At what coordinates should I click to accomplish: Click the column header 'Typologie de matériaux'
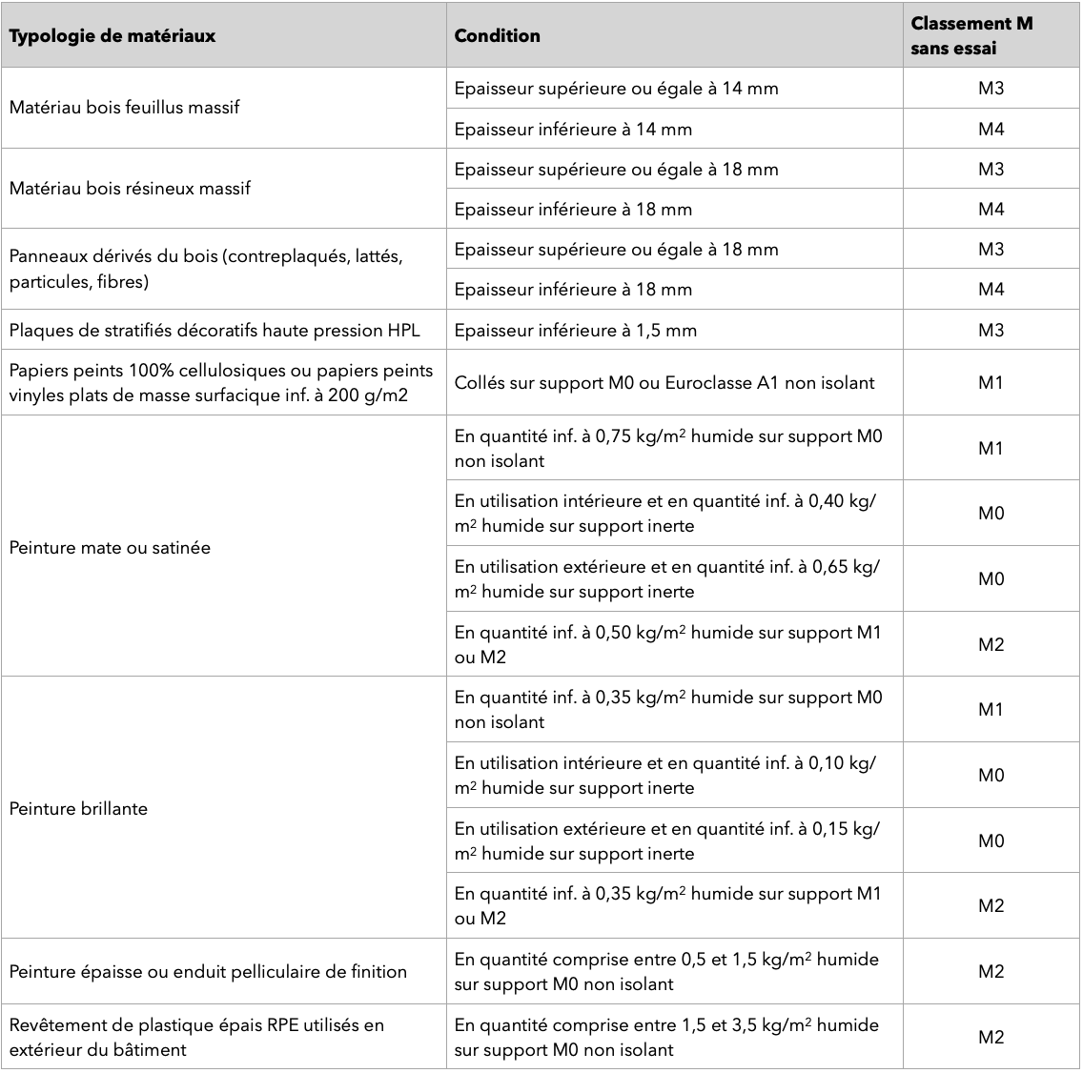[112, 36]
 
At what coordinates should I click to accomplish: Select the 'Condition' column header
[497, 36]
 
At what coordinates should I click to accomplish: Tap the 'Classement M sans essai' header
[971, 36]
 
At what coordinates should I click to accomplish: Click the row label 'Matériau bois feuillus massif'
[124, 108]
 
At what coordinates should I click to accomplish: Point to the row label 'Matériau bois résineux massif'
[130, 189]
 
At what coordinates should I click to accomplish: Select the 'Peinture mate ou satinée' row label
[110, 548]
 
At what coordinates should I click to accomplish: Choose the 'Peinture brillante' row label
[78, 808]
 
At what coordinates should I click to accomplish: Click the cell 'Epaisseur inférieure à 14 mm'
[573, 129]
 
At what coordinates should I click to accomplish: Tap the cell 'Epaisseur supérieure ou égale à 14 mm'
[616, 89]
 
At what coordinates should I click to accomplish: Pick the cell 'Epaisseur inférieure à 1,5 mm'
[575, 331]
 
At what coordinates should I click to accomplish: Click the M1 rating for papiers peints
[991, 383]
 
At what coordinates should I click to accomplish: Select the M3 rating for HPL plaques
[991, 331]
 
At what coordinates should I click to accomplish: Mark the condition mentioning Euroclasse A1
[664, 383]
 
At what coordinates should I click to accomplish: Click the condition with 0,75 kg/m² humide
[668, 448]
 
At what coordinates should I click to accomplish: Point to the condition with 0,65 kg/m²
[667, 578]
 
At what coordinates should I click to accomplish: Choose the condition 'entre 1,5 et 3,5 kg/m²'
[666, 1037]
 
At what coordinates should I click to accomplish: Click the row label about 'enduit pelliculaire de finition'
[208, 972]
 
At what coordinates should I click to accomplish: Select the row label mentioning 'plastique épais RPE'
[196, 1037]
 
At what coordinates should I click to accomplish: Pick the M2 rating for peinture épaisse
[991, 972]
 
